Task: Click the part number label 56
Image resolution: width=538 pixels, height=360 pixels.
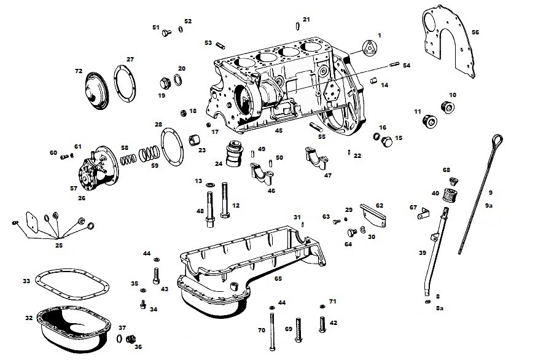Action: tap(475, 33)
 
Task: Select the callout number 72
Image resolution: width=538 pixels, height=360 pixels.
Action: tap(79, 71)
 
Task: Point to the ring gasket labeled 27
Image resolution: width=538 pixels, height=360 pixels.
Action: tap(115, 84)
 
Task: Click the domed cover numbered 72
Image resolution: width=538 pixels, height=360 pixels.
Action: tap(96, 92)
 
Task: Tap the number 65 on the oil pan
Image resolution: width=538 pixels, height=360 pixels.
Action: tap(278, 279)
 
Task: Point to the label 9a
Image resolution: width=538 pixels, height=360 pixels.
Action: tap(489, 206)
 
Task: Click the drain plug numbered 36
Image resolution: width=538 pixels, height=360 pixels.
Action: tap(130, 338)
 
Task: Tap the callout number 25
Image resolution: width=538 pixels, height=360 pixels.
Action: tap(59, 245)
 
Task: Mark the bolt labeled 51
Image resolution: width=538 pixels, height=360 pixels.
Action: tap(166, 33)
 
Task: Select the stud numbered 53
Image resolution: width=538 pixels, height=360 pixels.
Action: tap(220, 45)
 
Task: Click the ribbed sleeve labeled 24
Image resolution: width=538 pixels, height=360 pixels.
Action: tap(234, 154)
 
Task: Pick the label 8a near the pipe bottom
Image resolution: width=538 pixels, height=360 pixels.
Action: tap(440, 308)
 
